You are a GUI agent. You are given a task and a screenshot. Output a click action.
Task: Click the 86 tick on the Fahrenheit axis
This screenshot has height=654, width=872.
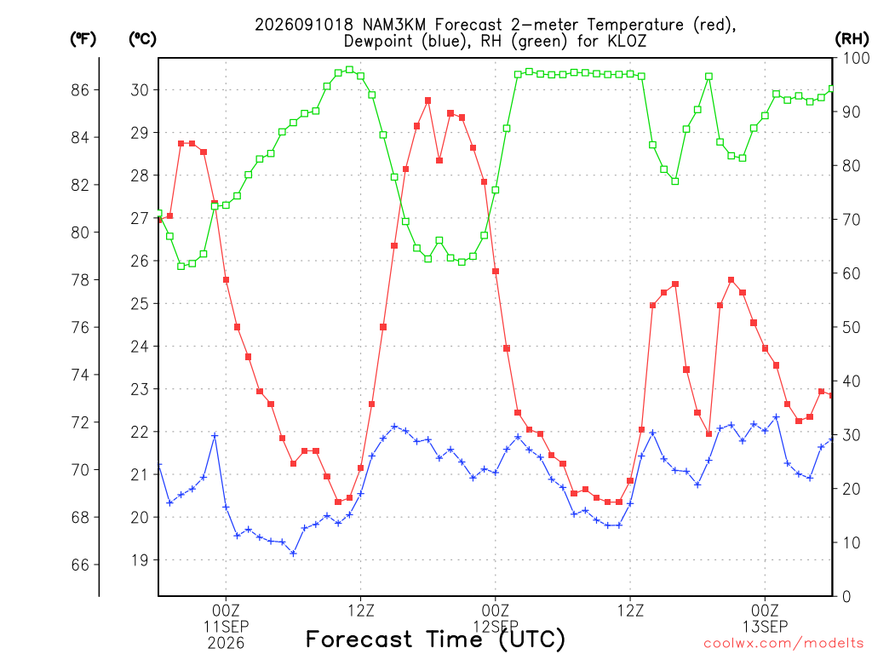80,90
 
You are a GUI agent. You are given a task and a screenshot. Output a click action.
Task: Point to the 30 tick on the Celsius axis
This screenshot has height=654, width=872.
141,90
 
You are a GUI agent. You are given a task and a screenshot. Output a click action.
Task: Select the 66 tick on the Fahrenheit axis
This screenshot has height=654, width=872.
80,565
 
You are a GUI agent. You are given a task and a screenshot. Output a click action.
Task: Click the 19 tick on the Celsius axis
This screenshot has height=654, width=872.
141,560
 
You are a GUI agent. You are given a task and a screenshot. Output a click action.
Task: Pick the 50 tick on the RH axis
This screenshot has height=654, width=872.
852,327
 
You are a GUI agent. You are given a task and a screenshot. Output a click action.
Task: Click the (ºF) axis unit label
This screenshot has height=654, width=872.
83,39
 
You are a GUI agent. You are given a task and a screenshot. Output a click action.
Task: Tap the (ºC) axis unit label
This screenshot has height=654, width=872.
142,39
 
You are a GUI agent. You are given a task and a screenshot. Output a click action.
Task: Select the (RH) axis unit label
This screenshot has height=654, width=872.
852,39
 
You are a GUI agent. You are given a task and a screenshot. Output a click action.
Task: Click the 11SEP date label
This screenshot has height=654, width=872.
226,627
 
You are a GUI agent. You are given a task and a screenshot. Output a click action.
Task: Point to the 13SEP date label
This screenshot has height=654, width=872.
766,627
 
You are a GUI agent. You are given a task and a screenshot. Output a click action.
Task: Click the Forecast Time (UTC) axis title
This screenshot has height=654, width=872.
435,640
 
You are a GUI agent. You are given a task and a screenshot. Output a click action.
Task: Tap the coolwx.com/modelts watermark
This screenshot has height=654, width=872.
783,644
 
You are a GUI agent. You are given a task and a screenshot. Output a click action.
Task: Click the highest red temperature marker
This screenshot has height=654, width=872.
427,100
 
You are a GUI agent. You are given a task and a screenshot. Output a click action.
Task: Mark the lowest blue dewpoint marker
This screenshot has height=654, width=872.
293,554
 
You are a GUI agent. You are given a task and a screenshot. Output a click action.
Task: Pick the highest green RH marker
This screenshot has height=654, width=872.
349,70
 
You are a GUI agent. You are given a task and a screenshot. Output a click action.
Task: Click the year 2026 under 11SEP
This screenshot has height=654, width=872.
226,644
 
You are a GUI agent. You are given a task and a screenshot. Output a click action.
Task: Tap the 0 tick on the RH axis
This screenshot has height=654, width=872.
846,597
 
